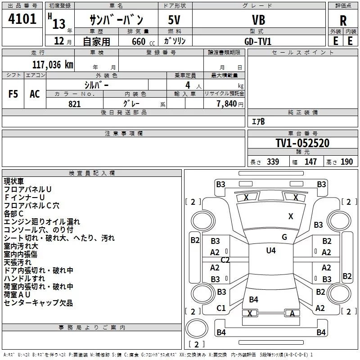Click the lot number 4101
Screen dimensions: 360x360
tap(22, 19)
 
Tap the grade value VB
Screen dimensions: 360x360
tap(258, 20)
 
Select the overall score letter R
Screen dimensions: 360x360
tap(343, 21)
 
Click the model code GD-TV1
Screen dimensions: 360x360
tap(258, 41)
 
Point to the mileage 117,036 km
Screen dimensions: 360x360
tap(53, 65)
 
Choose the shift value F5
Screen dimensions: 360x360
tap(13, 94)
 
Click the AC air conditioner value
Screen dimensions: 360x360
tap(35, 94)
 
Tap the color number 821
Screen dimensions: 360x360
tap(74, 104)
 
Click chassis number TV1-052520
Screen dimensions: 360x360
tap(302, 144)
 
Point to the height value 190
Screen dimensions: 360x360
tap(346, 162)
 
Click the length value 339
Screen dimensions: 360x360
tap(273, 162)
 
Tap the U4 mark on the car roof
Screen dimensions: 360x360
tap(270, 250)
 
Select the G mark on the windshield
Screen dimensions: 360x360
tap(284, 237)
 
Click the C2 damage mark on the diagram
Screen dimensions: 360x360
tap(225, 260)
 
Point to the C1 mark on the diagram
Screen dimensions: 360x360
tap(221, 308)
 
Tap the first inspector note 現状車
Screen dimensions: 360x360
tap(14, 181)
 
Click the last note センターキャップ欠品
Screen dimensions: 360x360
tap(38, 303)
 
